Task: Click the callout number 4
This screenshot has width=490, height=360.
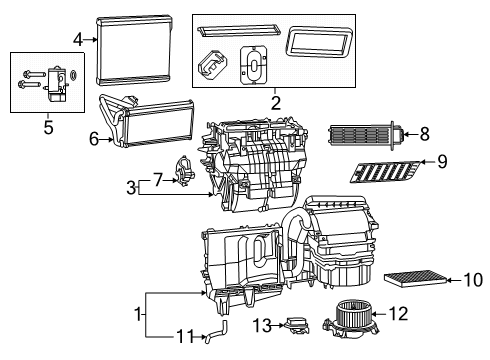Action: [78, 39]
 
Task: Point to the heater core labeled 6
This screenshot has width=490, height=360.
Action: [154, 123]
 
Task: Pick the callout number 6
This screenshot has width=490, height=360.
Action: [95, 140]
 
